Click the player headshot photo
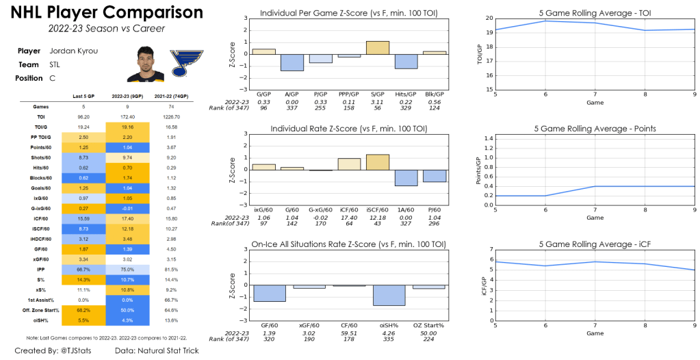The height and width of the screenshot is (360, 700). click(145, 64)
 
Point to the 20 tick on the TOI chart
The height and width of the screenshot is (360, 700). click(488, 19)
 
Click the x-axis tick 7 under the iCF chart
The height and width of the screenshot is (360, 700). click(595, 325)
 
